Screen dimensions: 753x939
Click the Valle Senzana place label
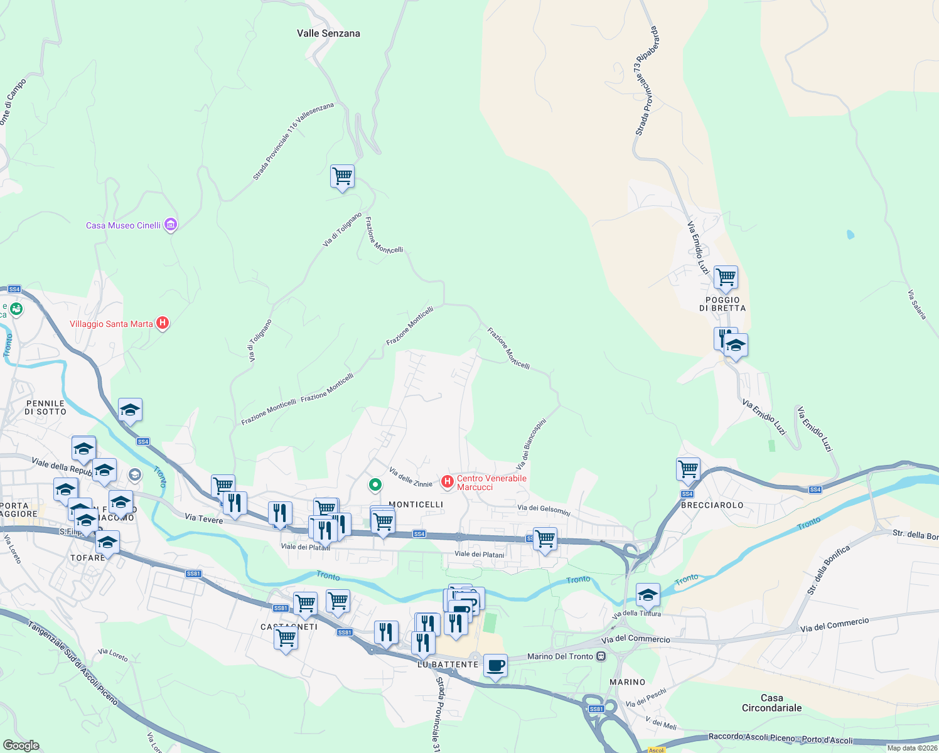[x=328, y=33]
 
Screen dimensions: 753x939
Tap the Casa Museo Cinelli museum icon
[x=170, y=225]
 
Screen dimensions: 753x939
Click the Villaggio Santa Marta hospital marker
[x=163, y=323]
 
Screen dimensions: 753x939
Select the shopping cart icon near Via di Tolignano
[x=342, y=176]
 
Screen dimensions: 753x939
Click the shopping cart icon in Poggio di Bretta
[x=726, y=277]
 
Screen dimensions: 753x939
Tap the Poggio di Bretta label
[x=722, y=304]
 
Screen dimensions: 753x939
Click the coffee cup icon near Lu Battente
[x=495, y=666]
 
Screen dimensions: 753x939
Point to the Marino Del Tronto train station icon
[x=601, y=656]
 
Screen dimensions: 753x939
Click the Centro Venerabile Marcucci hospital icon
[x=447, y=481]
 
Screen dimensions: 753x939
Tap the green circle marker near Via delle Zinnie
[x=375, y=484]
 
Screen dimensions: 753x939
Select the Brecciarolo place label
[x=712, y=505]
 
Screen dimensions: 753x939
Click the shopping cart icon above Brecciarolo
[x=689, y=469]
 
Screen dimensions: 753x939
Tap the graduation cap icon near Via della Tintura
[x=648, y=594]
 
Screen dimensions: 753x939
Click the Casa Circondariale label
[x=771, y=703]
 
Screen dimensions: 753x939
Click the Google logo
[x=21, y=745]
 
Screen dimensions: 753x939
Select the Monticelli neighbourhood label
[x=416, y=505]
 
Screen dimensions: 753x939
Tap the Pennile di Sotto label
[x=45, y=407]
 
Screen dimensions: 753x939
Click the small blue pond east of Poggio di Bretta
[x=850, y=235]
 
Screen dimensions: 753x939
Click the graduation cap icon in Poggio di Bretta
[x=736, y=345]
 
